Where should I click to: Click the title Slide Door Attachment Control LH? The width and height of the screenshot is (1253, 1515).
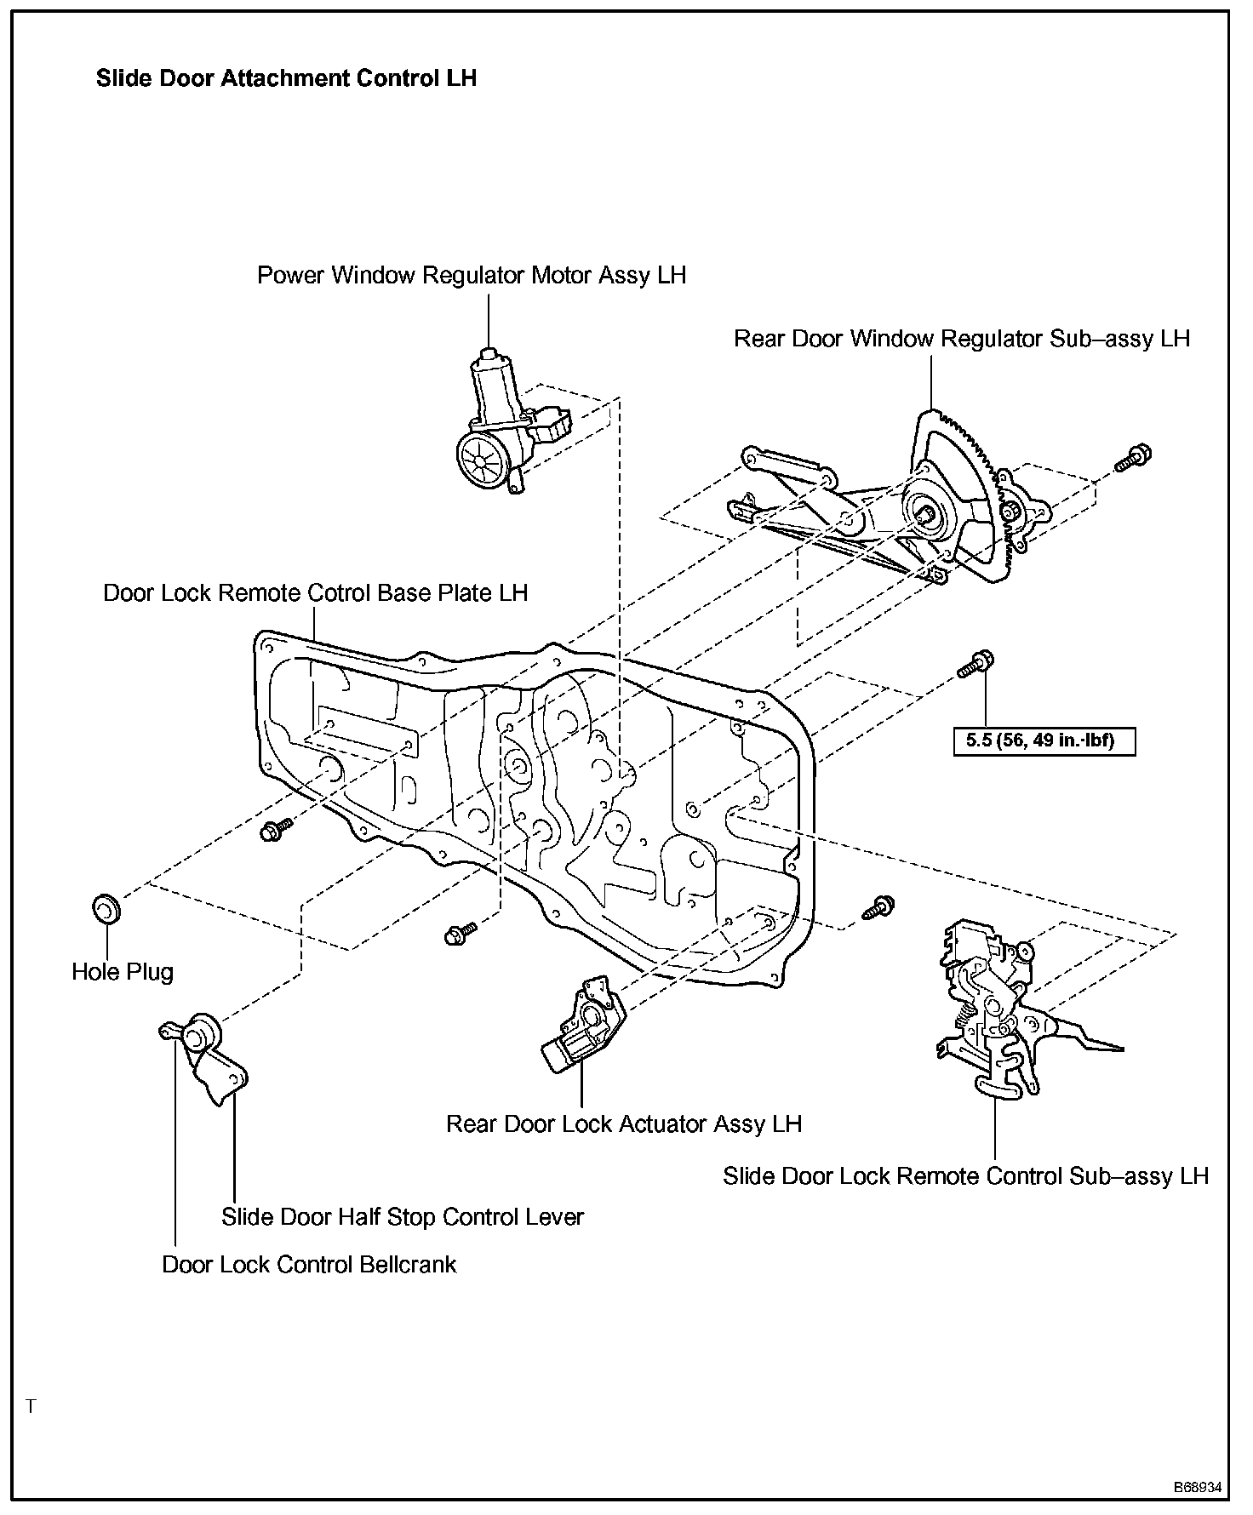pos(286,79)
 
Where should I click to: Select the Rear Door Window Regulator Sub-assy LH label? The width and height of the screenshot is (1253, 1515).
pos(961,339)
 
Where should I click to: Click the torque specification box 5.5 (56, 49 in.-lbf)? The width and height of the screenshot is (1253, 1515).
pos(1045,740)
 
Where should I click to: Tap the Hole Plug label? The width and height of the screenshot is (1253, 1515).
pos(123,972)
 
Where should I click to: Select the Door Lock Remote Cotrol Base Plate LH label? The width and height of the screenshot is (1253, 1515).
pos(315,592)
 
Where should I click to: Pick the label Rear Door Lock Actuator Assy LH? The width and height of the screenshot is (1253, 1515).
pos(624,1124)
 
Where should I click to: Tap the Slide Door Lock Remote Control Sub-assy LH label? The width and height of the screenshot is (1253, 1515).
pos(965,1176)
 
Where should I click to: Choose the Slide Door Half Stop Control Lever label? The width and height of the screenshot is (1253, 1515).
pos(403,1217)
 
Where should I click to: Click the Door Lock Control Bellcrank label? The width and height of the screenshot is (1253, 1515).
pos(309,1265)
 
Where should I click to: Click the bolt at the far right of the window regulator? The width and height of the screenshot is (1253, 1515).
pos(1133,456)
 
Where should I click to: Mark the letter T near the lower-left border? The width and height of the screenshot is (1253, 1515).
pos(31,1407)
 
